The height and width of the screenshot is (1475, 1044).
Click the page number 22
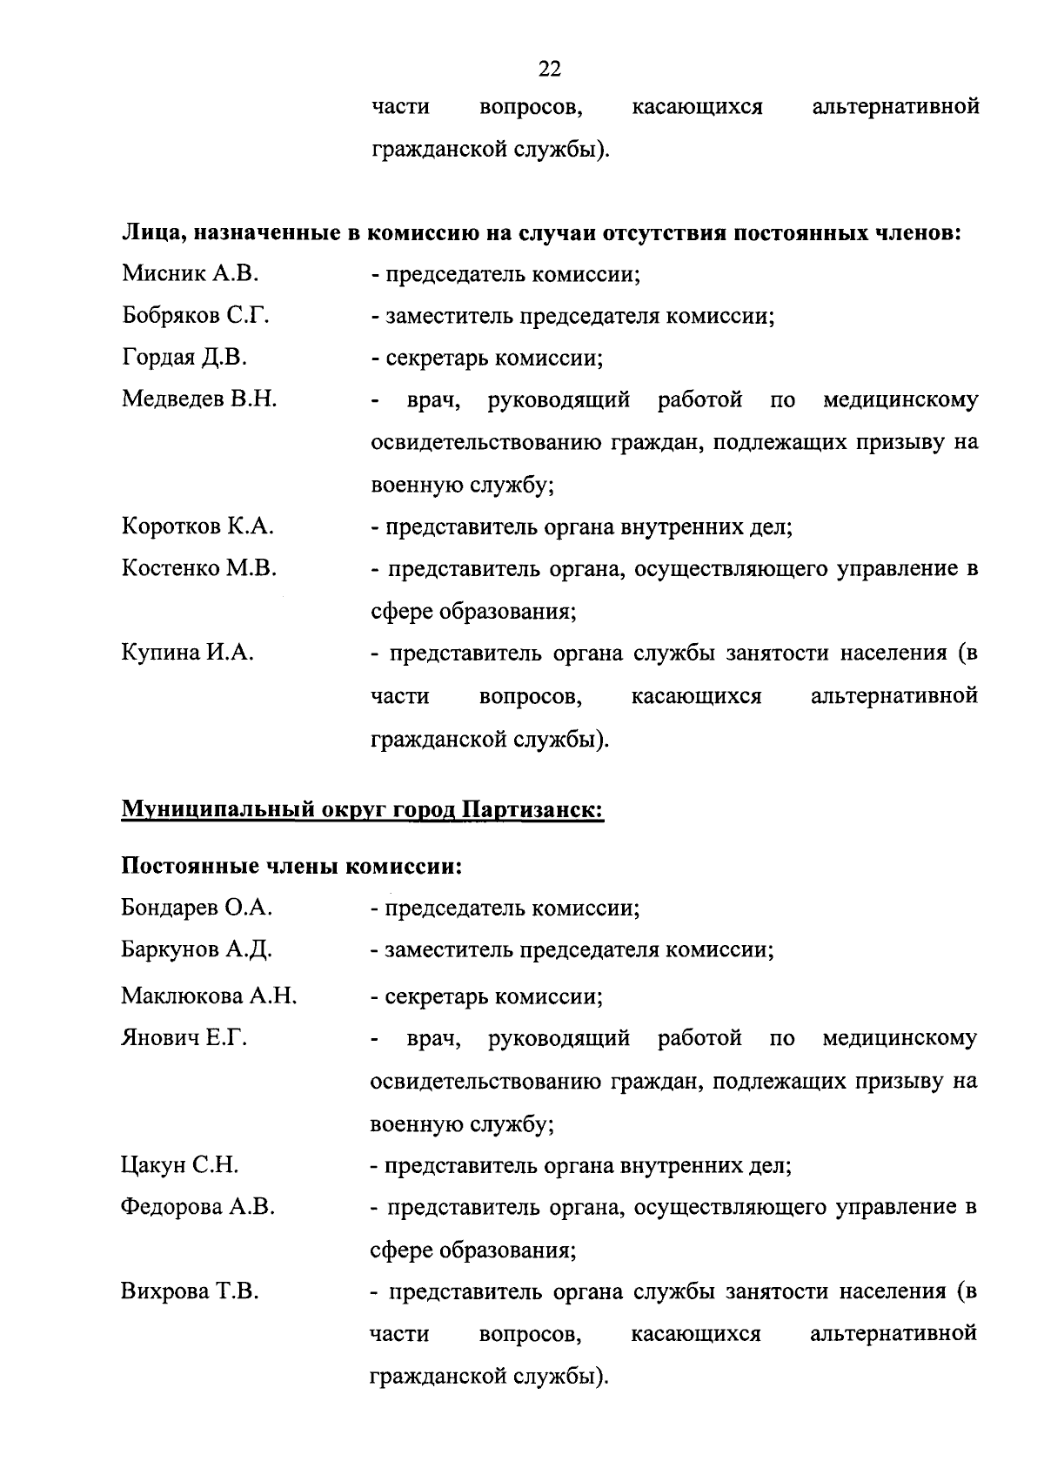tap(550, 69)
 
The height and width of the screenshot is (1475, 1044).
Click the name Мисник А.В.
tap(190, 274)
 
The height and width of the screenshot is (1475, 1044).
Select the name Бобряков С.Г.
tap(195, 316)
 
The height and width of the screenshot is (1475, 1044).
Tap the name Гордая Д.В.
tap(184, 358)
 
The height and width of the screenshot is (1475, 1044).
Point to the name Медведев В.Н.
tap(199, 400)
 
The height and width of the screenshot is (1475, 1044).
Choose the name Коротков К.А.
tap(197, 526)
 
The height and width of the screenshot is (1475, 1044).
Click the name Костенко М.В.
tap(199, 569)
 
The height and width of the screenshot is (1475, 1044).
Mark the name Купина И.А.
tap(187, 654)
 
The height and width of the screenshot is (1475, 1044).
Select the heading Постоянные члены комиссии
tap(291, 867)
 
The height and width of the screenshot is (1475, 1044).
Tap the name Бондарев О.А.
tap(197, 908)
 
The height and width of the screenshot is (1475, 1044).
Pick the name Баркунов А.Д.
tap(197, 949)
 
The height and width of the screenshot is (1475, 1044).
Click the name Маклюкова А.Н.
tap(210, 996)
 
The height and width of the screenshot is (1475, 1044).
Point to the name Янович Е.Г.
tap(184, 1038)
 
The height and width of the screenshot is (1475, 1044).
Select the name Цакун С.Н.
tap(179, 1165)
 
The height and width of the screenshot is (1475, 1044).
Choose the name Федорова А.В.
tap(197, 1207)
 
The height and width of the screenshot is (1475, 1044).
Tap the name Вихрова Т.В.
tap(190, 1292)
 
